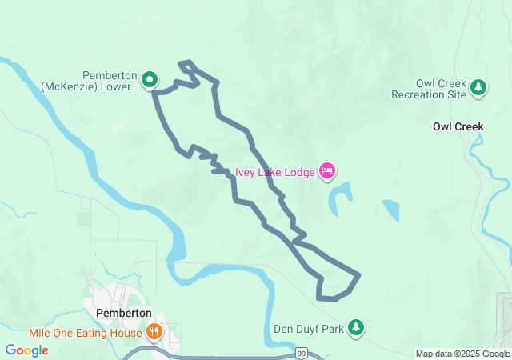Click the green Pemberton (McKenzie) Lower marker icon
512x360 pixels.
point(150,79)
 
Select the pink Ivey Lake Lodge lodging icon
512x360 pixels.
point(326,170)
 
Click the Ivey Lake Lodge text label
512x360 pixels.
point(274,172)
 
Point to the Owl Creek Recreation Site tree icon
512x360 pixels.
point(478,86)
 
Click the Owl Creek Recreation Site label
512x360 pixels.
point(428,89)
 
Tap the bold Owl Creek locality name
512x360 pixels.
point(458,126)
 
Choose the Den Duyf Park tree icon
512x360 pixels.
point(357,327)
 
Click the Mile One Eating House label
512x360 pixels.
point(86,333)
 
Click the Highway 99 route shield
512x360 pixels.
point(302,353)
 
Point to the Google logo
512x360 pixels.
point(26,350)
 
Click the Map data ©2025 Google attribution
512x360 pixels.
point(462,354)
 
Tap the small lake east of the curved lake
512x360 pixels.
point(390,210)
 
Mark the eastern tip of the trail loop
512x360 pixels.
point(359,276)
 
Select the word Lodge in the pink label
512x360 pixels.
point(299,172)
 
